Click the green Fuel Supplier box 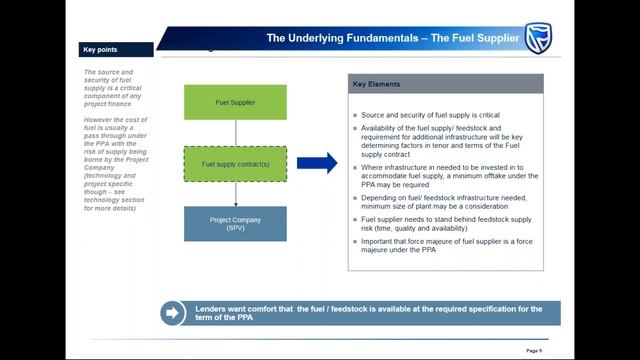(x=235, y=102)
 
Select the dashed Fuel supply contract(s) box (x=235, y=163)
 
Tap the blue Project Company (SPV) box (x=235, y=223)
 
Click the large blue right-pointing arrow (x=317, y=163)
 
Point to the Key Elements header (x=376, y=84)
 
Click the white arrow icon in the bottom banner (x=172, y=312)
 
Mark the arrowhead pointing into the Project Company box (x=235, y=203)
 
